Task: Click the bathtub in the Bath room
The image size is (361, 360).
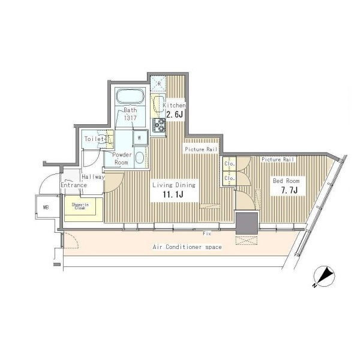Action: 130,96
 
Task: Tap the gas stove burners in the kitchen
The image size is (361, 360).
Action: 159,125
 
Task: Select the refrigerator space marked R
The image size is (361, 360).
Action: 159,84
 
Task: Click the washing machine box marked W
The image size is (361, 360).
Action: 140,138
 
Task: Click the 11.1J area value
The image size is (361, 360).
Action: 173,194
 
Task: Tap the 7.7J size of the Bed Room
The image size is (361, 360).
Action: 289,190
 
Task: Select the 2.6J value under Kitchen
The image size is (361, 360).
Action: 175,115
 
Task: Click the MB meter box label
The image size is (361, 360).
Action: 46,207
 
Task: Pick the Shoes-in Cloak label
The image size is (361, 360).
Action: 80,206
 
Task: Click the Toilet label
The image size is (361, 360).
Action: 94,139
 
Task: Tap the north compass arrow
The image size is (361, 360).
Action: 324,277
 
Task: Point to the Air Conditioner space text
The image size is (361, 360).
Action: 187,247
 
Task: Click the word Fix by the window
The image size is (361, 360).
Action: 207,233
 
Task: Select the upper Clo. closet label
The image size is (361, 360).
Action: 230,164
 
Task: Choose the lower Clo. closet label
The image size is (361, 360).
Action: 230,178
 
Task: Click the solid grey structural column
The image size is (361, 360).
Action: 247,223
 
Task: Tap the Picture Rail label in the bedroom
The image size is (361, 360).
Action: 278,160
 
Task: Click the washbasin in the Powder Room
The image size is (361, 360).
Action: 140,158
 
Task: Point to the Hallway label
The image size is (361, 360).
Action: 93,177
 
